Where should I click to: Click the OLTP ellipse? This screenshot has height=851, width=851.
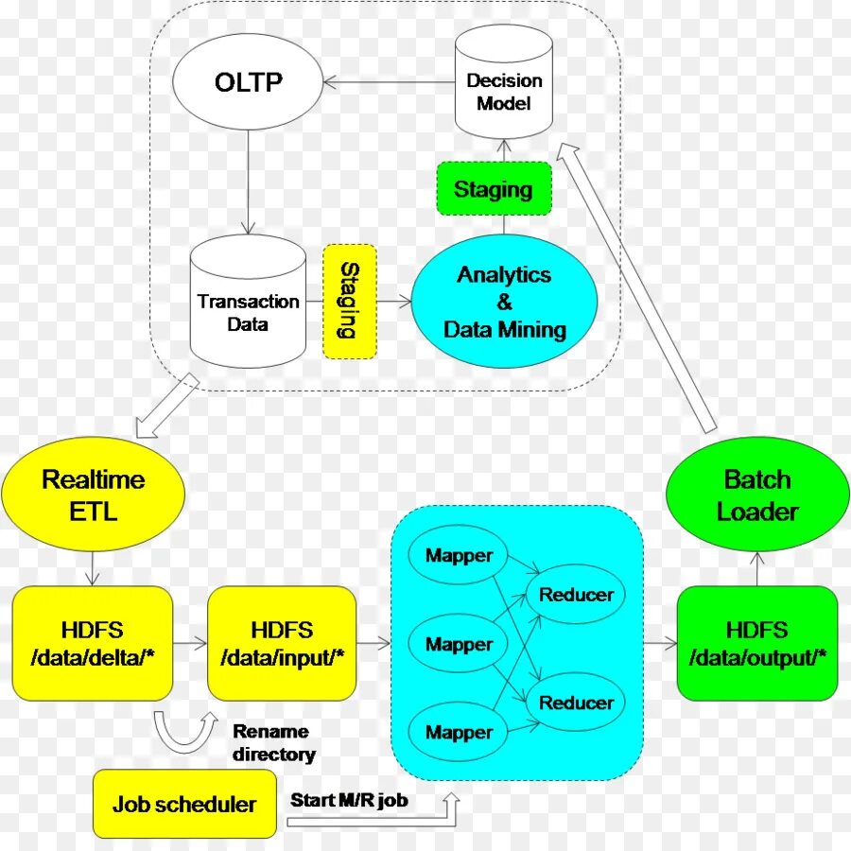249,82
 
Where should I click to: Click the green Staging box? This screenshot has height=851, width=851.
493,189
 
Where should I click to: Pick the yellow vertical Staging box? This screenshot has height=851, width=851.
349,302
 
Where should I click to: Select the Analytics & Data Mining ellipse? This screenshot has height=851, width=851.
504,302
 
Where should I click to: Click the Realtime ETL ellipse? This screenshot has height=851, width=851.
93,495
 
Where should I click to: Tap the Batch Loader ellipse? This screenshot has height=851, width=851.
757,495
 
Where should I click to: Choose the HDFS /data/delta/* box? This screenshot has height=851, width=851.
93,643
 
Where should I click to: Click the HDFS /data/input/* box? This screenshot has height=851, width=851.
282,643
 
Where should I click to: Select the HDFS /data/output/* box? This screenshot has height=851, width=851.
757,643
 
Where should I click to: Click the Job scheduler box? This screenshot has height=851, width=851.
184,805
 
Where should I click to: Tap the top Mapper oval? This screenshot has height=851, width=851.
459,555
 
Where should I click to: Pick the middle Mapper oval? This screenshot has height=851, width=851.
459,644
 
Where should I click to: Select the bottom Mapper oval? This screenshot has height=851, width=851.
459,732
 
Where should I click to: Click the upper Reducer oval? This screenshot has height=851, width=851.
576,595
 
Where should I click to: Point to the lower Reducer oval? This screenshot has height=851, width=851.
576,703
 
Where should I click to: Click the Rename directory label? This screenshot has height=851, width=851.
273,742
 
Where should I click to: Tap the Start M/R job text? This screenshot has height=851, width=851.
349,800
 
